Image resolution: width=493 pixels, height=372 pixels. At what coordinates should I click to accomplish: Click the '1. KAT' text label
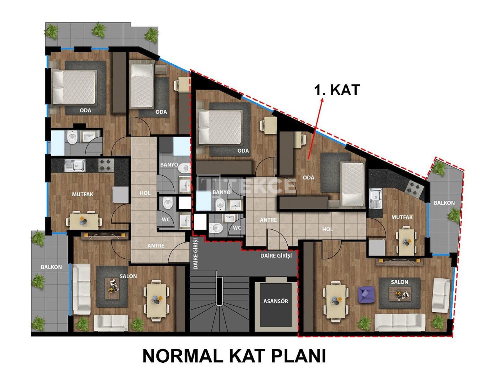(337, 89)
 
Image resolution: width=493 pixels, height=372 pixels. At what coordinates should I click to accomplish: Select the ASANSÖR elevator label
(275, 301)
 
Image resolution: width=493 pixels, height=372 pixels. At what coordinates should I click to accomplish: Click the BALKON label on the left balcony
(51, 267)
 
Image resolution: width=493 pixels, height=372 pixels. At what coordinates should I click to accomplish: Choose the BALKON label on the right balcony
(444, 203)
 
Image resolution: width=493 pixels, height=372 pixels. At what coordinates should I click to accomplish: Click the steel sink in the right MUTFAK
(375, 197)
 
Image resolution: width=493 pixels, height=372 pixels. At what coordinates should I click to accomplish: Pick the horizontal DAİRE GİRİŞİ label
(276, 255)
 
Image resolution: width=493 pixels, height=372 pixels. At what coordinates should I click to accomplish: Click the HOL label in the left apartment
(145, 193)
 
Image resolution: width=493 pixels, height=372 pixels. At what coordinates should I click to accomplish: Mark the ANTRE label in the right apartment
(268, 220)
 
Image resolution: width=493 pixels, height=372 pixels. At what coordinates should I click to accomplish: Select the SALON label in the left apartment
(128, 276)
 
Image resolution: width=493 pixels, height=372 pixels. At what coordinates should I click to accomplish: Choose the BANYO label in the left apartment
(169, 165)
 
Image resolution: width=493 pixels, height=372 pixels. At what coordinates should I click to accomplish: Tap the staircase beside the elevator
(220, 305)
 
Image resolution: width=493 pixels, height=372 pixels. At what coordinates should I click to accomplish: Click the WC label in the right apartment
(237, 227)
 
